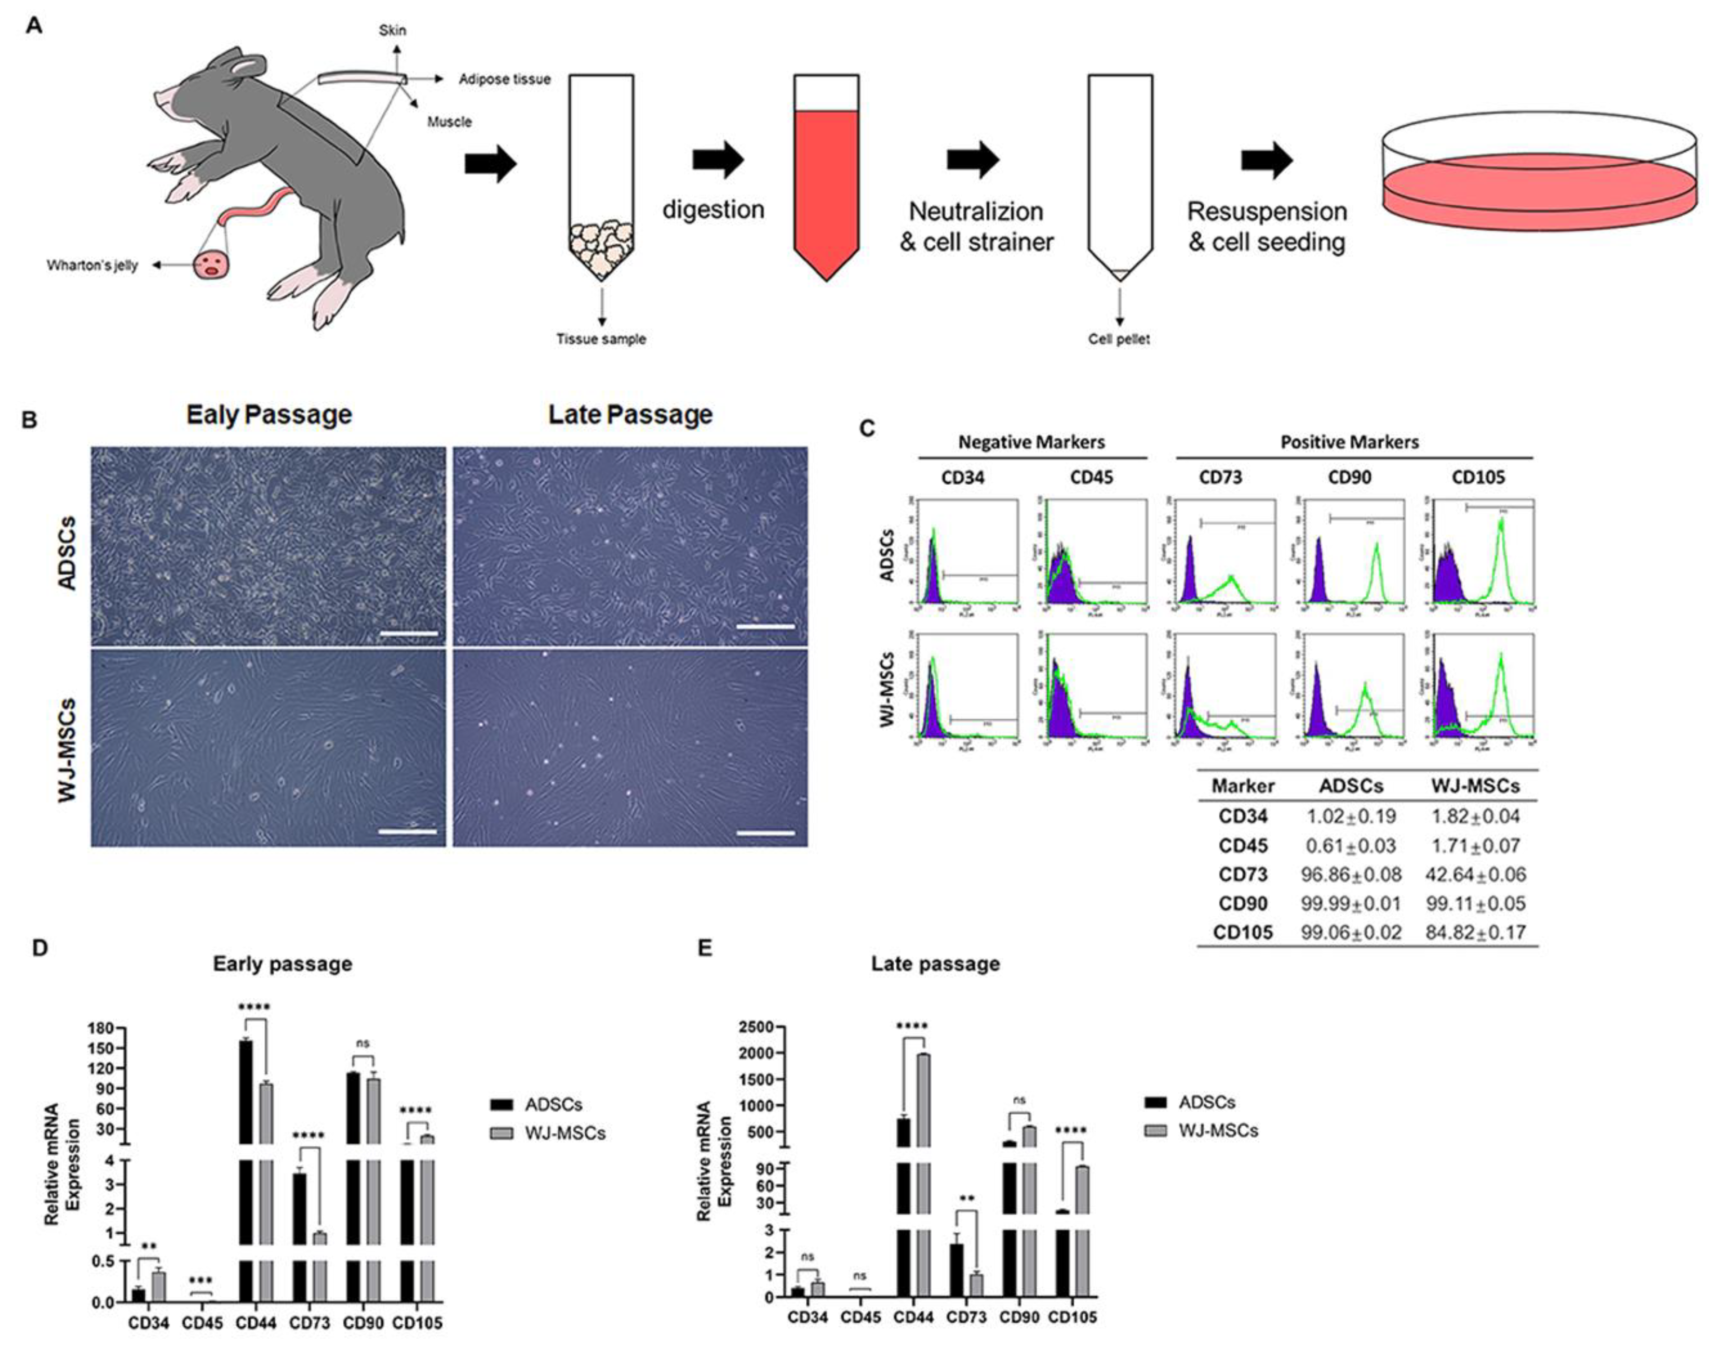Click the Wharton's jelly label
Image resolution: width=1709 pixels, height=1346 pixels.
click(92, 266)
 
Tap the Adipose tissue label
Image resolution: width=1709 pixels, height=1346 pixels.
click(505, 80)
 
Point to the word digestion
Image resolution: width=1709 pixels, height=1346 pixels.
click(713, 209)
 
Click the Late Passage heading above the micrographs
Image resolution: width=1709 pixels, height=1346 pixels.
click(630, 415)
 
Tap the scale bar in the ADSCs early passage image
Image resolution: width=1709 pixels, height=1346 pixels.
click(408, 634)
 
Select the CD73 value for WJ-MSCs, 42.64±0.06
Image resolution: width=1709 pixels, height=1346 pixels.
click(1475, 875)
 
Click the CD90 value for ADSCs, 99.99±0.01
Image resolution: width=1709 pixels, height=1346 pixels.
click(1351, 904)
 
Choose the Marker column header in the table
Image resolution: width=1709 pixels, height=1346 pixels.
click(1243, 786)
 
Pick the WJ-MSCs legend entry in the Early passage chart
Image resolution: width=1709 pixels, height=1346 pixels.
click(564, 1133)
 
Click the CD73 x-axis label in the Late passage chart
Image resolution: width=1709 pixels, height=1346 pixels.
click(965, 1317)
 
